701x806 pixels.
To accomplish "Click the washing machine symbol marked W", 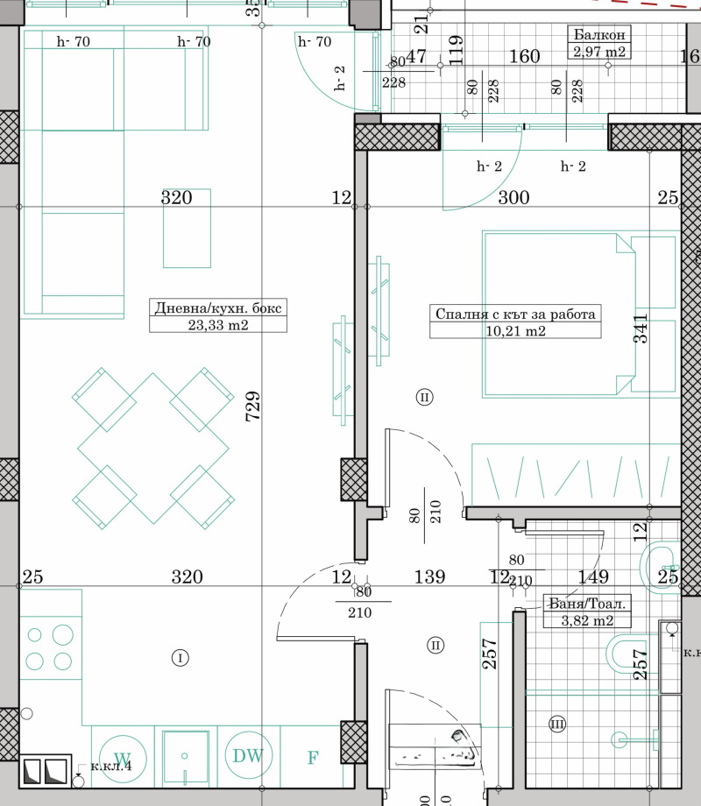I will click(123, 757).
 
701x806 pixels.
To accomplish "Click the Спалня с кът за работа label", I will click(515, 315).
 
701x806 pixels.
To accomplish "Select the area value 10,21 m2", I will click(515, 331).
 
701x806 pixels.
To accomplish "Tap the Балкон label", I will click(599, 35).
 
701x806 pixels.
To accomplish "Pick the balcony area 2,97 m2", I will click(599, 52).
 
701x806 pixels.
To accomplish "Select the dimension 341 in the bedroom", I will click(641, 328).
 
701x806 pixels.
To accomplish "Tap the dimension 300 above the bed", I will click(513, 198).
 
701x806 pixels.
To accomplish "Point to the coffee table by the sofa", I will click(187, 228).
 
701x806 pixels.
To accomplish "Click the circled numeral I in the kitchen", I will click(180, 657).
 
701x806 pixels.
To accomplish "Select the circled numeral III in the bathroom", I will click(557, 724).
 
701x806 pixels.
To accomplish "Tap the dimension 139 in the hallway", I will click(429, 577).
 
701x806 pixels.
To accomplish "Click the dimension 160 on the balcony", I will click(524, 57).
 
